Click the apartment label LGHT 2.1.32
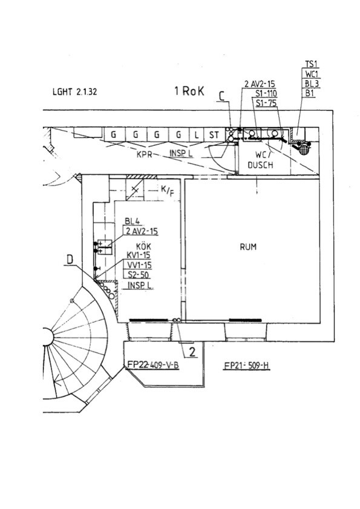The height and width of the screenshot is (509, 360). click(74, 92)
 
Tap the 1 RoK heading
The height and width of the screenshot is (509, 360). click(189, 91)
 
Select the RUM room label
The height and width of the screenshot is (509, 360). click(248, 247)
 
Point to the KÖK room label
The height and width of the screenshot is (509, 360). click(143, 247)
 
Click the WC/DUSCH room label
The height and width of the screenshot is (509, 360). click(260, 160)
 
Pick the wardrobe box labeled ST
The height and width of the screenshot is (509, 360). click(214, 135)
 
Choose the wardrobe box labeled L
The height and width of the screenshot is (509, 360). click(196, 135)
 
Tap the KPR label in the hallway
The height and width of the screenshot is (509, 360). click(144, 154)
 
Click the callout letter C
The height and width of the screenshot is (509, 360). click(222, 96)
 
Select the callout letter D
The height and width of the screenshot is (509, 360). click(70, 260)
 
